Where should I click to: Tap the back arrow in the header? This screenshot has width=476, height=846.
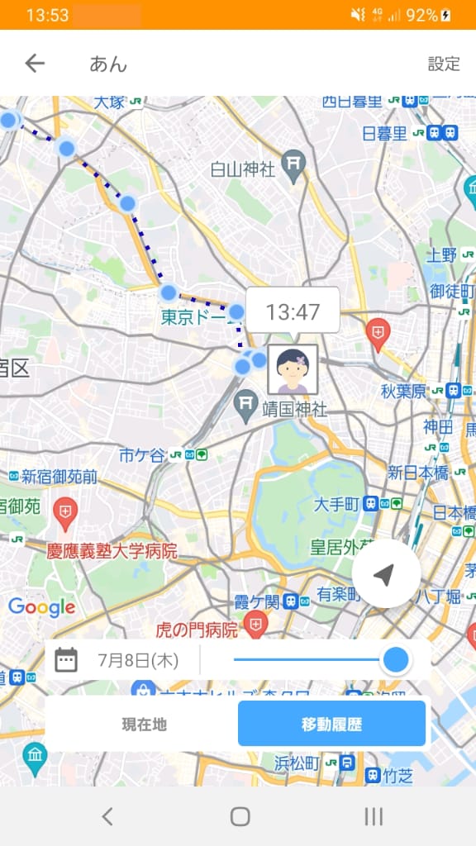(35, 64)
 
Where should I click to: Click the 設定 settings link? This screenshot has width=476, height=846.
(444, 64)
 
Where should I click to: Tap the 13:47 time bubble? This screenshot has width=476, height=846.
(293, 312)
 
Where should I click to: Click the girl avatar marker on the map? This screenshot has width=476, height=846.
(293, 369)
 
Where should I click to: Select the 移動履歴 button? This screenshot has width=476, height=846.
(331, 725)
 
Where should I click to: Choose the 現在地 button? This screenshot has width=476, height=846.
(144, 725)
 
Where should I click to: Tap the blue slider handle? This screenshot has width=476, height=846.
(397, 659)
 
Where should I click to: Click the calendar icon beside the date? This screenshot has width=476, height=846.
(66, 660)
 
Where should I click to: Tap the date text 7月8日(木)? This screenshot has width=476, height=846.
(137, 660)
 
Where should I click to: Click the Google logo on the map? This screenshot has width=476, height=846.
(41, 608)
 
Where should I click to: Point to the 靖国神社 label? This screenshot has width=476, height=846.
(294, 409)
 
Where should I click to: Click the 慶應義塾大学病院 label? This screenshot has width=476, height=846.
(112, 550)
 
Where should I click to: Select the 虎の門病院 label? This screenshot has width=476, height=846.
(197, 630)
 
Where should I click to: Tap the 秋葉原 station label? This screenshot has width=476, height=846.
(403, 391)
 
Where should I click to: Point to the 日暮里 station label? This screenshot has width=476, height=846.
(384, 133)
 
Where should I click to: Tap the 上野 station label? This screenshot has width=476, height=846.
(440, 254)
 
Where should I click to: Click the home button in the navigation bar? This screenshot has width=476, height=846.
(240, 816)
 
